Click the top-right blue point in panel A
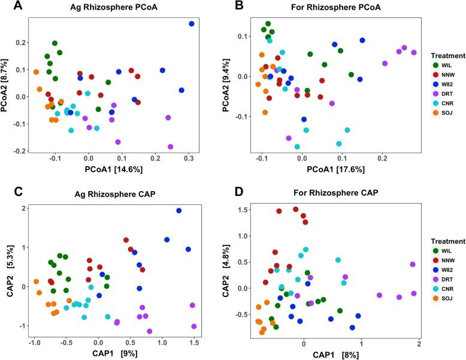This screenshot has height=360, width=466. tap(192, 23)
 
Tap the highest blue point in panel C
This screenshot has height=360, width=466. tap(178, 211)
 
